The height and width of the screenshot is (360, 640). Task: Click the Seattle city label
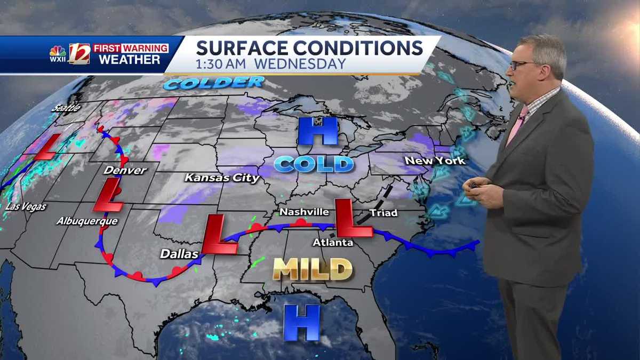point(66,108)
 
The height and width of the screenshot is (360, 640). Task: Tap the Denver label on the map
point(125,170)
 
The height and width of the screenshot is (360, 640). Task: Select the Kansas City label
point(222,178)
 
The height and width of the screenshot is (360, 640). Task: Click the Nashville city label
point(304,212)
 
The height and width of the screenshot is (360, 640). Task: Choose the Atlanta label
point(333,242)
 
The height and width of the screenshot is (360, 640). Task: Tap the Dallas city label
point(179,254)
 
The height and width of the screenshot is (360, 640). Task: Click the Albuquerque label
point(87,220)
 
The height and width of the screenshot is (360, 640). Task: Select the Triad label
point(383,213)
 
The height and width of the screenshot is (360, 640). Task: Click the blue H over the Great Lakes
point(318,131)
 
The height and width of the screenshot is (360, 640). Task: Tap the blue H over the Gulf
point(301,322)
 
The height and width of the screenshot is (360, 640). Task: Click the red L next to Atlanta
point(353,218)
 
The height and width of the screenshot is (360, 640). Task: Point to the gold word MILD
point(313,269)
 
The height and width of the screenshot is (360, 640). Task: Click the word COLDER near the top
point(214,83)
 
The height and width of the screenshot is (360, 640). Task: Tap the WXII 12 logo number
point(79,54)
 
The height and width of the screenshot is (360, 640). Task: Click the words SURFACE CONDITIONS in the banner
point(309,47)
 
